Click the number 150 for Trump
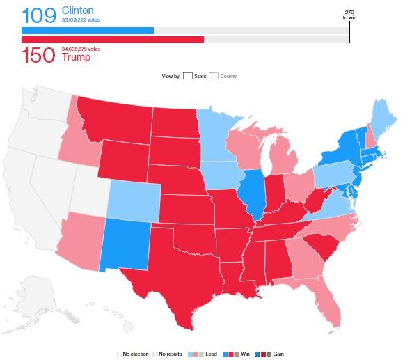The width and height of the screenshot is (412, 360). point(38,56)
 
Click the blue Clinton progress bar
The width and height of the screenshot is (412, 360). point(88,31)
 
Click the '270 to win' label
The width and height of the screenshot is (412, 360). point(349,14)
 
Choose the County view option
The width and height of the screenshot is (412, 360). point(223,76)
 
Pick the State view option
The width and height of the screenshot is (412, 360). point(195,76)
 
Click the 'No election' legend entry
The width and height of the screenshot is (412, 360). point(135,354)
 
